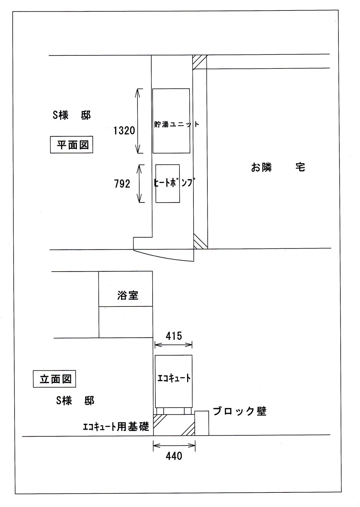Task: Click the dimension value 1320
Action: click(x=124, y=131)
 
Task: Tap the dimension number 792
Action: click(x=122, y=184)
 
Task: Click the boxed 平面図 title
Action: click(x=72, y=144)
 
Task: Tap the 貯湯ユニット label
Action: click(x=177, y=124)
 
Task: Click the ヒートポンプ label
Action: click(x=174, y=182)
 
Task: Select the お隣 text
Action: click(x=262, y=168)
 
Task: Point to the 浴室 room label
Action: click(x=128, y=295)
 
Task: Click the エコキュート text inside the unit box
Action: click(x=174, y=378)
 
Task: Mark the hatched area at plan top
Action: click(x=199, y=62)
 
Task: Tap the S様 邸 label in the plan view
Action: click(x=72, y=116)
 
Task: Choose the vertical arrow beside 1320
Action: click(x=138, y=121)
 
